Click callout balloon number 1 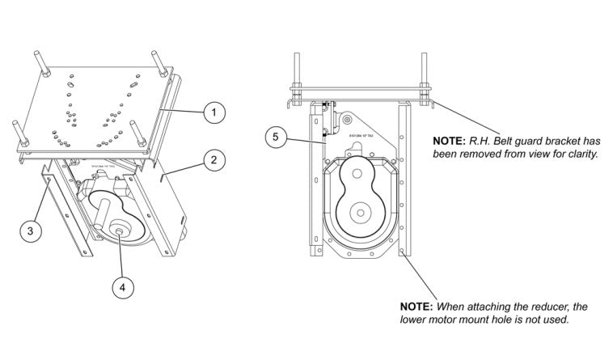point(213,113)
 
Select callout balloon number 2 point(213,160)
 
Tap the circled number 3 point(31,231)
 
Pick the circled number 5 point(276,137)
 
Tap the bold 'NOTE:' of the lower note point(417,307)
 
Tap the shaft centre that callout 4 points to point(119,233)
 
